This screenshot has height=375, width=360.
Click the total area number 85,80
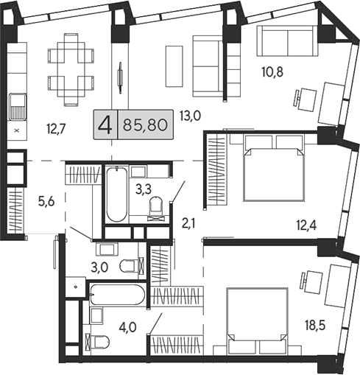[145, 125]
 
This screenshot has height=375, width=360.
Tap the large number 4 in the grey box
[106, 125]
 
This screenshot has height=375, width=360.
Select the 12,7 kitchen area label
[56, 129]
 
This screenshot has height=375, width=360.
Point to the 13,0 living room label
[190, 116]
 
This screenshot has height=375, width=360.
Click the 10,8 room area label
[272, 72]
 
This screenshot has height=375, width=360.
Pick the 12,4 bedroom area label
[306, 225]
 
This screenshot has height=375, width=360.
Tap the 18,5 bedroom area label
[315, 326]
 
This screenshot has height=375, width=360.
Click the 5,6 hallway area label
[46, 202]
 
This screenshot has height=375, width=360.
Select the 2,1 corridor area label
[188, 224]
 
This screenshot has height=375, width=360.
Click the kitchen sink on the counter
[18, 107]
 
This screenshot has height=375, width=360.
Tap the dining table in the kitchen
[71, 69]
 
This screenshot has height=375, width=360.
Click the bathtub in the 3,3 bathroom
[117, 194]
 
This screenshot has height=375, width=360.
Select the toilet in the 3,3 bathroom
[156, 208]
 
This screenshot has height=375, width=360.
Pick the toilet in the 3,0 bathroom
[131, 266]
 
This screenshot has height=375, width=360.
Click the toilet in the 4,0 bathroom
[97, 342]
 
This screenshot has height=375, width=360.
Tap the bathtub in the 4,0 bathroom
[117, 294]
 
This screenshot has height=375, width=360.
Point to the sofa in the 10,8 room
[288, 41]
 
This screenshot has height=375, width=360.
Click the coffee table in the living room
[174, 66]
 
